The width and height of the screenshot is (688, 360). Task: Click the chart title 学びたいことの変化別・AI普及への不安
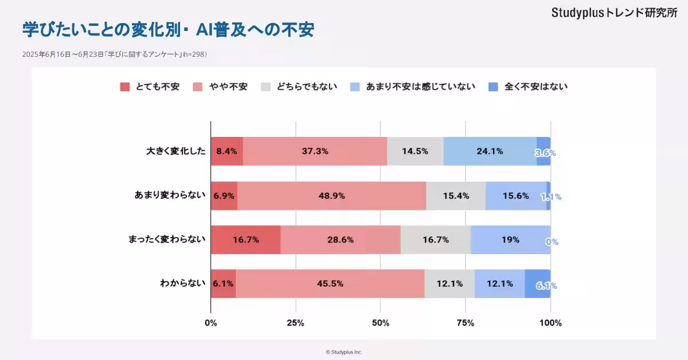168,29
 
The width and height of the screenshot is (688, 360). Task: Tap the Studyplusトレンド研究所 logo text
614,13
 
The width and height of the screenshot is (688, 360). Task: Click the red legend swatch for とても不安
125,87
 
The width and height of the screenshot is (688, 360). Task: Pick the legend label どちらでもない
307,87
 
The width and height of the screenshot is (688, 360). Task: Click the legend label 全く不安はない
536,87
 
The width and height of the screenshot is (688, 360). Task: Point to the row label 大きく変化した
175,152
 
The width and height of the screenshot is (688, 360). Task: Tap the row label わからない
182,284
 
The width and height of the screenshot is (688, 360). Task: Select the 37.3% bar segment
315,152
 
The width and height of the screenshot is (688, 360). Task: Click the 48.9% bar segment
331,195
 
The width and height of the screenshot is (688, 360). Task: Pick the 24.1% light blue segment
490,152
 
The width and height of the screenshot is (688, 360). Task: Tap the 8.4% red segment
226,152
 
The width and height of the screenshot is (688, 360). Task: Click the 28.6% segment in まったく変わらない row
341,240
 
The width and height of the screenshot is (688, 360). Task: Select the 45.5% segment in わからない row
330,284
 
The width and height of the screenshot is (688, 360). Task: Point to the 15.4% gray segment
456,195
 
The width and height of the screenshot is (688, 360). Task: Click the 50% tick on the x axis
380,323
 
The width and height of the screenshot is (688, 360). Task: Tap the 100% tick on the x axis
550,323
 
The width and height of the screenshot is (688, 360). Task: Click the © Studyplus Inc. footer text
344,352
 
